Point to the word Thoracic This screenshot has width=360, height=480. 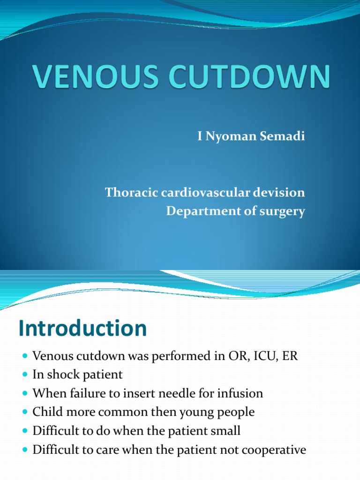tap(130, 193)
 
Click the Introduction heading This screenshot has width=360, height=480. tap(83, 328)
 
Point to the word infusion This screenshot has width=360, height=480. tap(239, 393)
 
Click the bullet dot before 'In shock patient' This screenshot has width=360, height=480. tap(25, 375)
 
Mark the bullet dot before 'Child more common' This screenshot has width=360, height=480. tap(25, 413)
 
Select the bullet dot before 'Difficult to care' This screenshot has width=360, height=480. tap(25, 450)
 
